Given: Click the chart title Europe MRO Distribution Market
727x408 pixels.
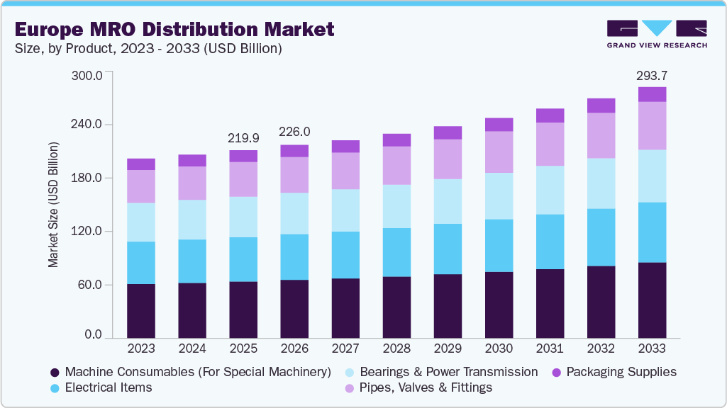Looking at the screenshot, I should pyautogui.click(x=174, y=30).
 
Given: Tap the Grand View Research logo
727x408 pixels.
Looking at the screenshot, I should pyautogui.click(x=656, y=34).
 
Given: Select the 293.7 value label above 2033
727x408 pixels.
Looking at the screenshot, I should pyautogui.click(x=652, y=75).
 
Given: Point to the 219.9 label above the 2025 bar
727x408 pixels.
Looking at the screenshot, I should pyautogui.click(x=243, y=138).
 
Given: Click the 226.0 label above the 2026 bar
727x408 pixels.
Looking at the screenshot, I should pyautogui.click(x=294, y=132).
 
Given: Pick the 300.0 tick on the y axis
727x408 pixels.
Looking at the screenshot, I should pyautogui.click(x=89, y=75).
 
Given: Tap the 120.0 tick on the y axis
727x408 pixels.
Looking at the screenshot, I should pyautogui.click(x=89, y=232).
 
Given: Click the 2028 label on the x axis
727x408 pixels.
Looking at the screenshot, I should pyautogui.click(x=396, y=349).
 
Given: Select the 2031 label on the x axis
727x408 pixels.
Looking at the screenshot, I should pyautogui.click(x=550, y=349).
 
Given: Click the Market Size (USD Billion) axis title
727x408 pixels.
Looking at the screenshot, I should pyautogui.click(x=54, y=205).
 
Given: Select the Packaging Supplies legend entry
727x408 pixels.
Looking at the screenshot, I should pyautogui.click(x=618, y=372).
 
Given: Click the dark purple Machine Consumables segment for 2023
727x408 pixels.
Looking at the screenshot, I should pyautogui.click(x=141, y=311).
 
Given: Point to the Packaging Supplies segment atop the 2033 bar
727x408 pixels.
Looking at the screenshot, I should pyautogui.click(x=652, y=94).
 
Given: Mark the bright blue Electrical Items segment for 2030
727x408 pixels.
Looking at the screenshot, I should pyautogui.click(x=499, y=245).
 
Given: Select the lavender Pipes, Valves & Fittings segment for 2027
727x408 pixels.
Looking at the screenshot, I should pyautogui.click(x=345, y=171).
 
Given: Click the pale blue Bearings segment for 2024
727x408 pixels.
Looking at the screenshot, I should pyautogui.click(x=192, y=220).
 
